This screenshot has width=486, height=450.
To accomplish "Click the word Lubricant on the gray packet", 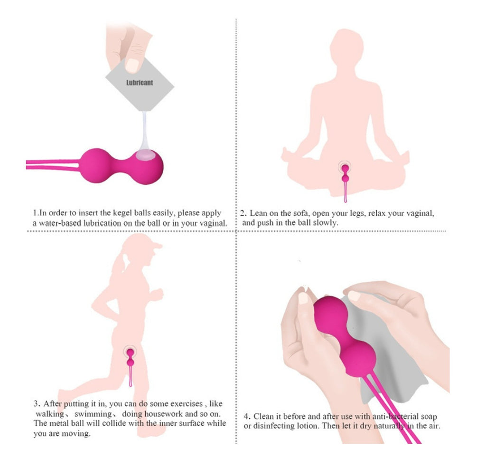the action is coord(140,83).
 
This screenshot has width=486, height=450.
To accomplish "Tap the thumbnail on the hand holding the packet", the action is coord(132,65).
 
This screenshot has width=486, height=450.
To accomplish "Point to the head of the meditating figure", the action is coord(346,47).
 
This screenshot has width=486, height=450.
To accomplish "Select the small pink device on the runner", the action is coord(131,366).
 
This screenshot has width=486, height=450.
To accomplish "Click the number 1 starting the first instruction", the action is coord(35,213).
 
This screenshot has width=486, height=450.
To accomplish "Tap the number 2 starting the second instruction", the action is coord(243,213).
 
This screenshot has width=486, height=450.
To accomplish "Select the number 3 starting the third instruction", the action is coord(37,404).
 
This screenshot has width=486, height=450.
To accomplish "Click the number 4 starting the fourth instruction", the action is coord(246,416).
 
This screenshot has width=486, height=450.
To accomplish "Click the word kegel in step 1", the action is coord(122,213).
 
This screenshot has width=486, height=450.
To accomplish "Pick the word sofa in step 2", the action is coord(301,213).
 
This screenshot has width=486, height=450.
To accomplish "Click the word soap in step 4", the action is coord(429,417).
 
